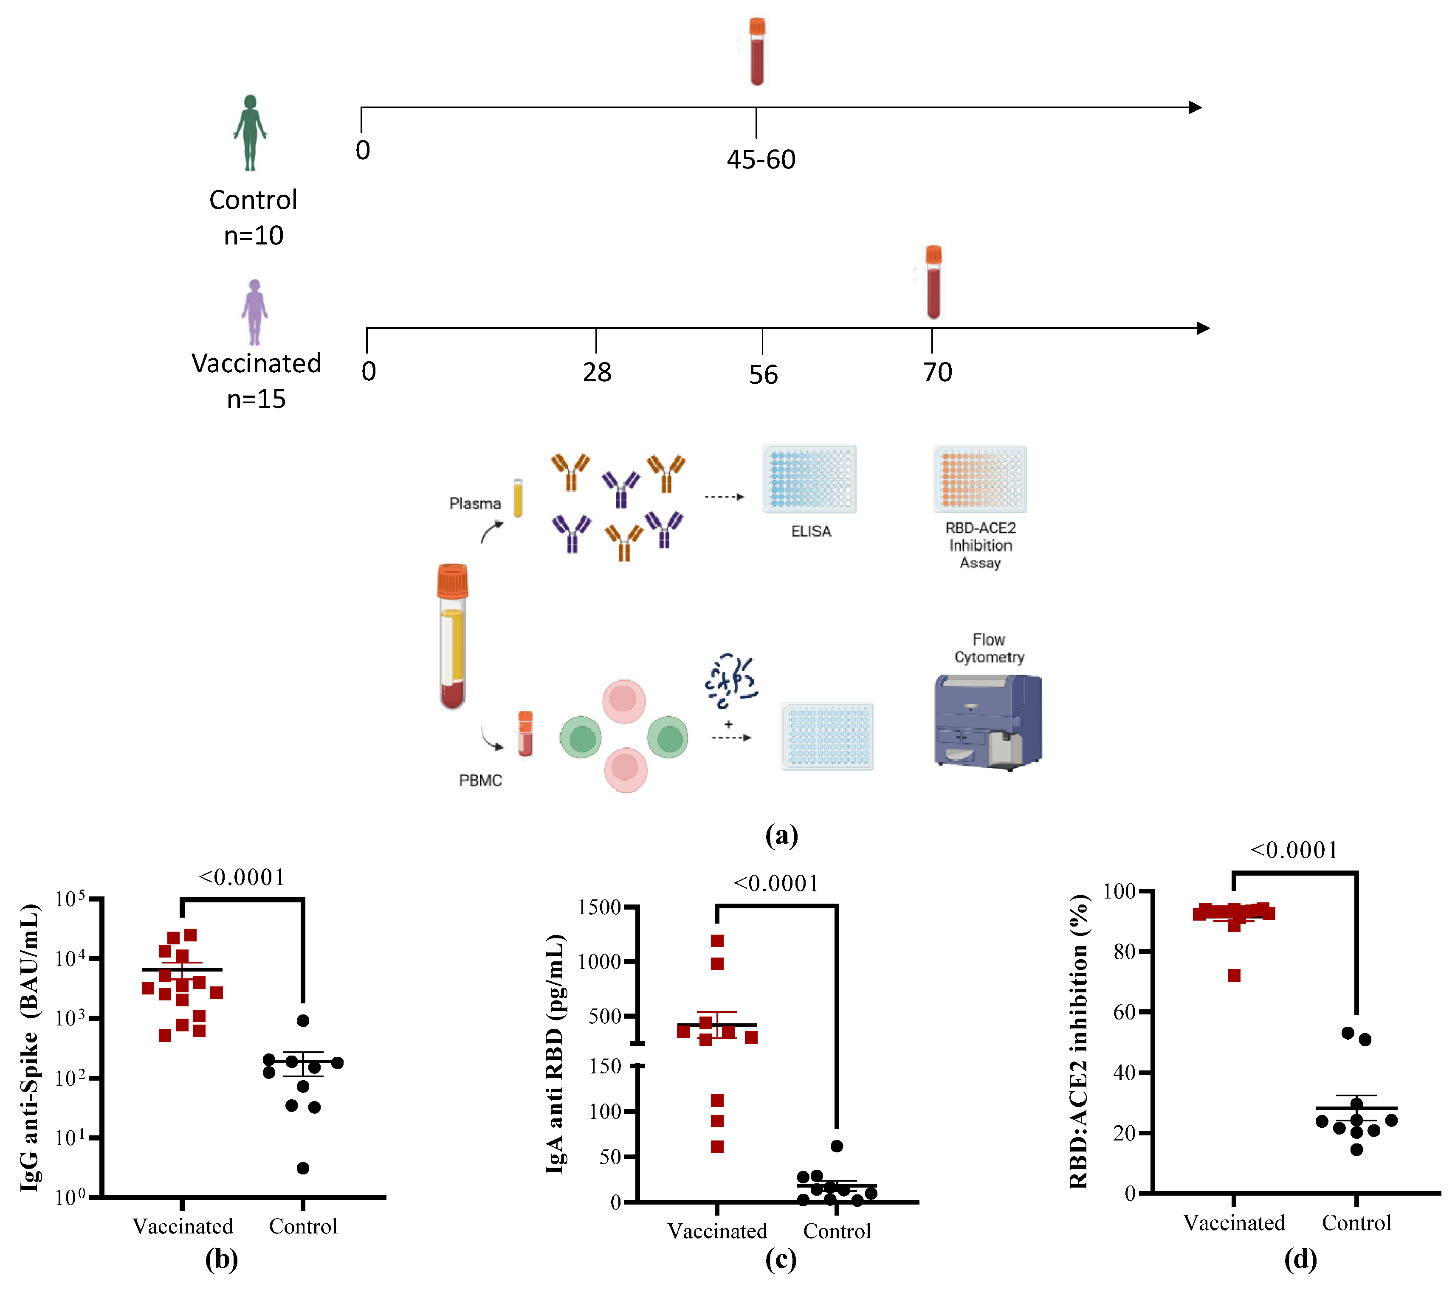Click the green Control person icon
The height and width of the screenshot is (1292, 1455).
[250, 133]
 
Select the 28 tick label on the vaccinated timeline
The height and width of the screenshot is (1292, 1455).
[597, 372]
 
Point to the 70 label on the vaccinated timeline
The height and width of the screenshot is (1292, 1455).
[937, 372]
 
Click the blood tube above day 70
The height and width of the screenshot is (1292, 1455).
[933, 282]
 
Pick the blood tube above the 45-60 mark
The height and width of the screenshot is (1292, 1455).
[757, 52]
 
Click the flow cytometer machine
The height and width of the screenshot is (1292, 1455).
[987, 722]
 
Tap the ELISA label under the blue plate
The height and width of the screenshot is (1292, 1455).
[811, 531]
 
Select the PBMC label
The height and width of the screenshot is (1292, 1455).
[480, 781]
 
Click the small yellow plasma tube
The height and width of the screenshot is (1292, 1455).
[518, 498]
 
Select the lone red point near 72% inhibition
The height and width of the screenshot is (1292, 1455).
[1234, 975]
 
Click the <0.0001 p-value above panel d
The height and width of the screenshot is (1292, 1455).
[1294, 850]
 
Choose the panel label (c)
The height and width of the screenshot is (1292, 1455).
[781, 1260]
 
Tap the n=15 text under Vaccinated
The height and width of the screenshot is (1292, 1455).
[256, 399]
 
